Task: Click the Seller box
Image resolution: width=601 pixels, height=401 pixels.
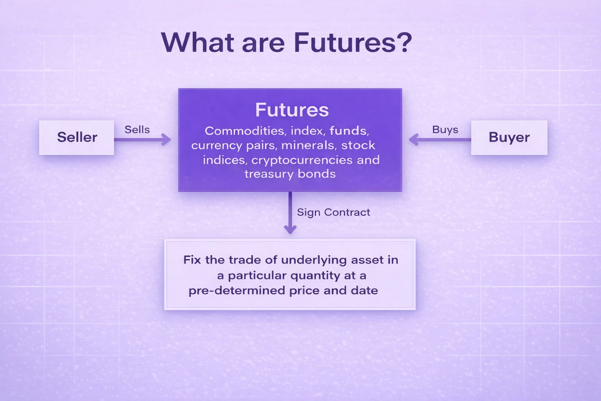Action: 77,137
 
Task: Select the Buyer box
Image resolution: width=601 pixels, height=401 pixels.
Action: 509,137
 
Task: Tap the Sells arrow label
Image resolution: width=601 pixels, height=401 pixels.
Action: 137,130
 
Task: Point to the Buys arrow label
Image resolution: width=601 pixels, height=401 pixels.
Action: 445,130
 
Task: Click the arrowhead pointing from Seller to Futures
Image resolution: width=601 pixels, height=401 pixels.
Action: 167,139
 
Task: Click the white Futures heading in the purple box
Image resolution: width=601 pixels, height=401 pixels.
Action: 292,110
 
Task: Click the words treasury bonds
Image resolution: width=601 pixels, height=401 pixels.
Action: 290,174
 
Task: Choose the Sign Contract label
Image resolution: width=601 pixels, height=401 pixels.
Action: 333,212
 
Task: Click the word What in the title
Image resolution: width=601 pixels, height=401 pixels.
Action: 198,42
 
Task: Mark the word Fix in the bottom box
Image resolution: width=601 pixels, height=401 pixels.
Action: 192,260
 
